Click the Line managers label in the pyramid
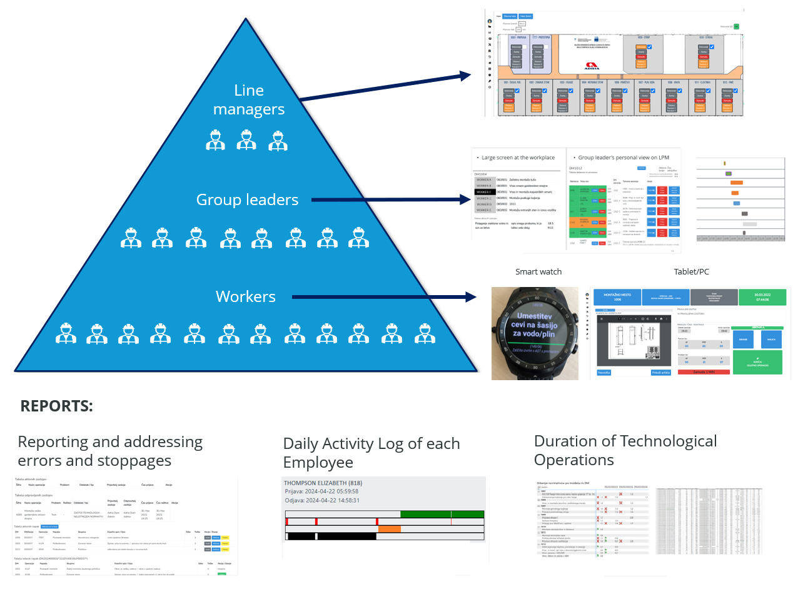tap(248, 99)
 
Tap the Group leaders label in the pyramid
tap(247, 200)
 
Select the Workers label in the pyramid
tap(246, 296)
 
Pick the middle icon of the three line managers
tap(246, 140)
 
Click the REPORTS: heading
tap(57, 406)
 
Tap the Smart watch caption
tap(538, 272)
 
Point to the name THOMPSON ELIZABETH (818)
tap(323, 483)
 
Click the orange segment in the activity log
tap(389, 529)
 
